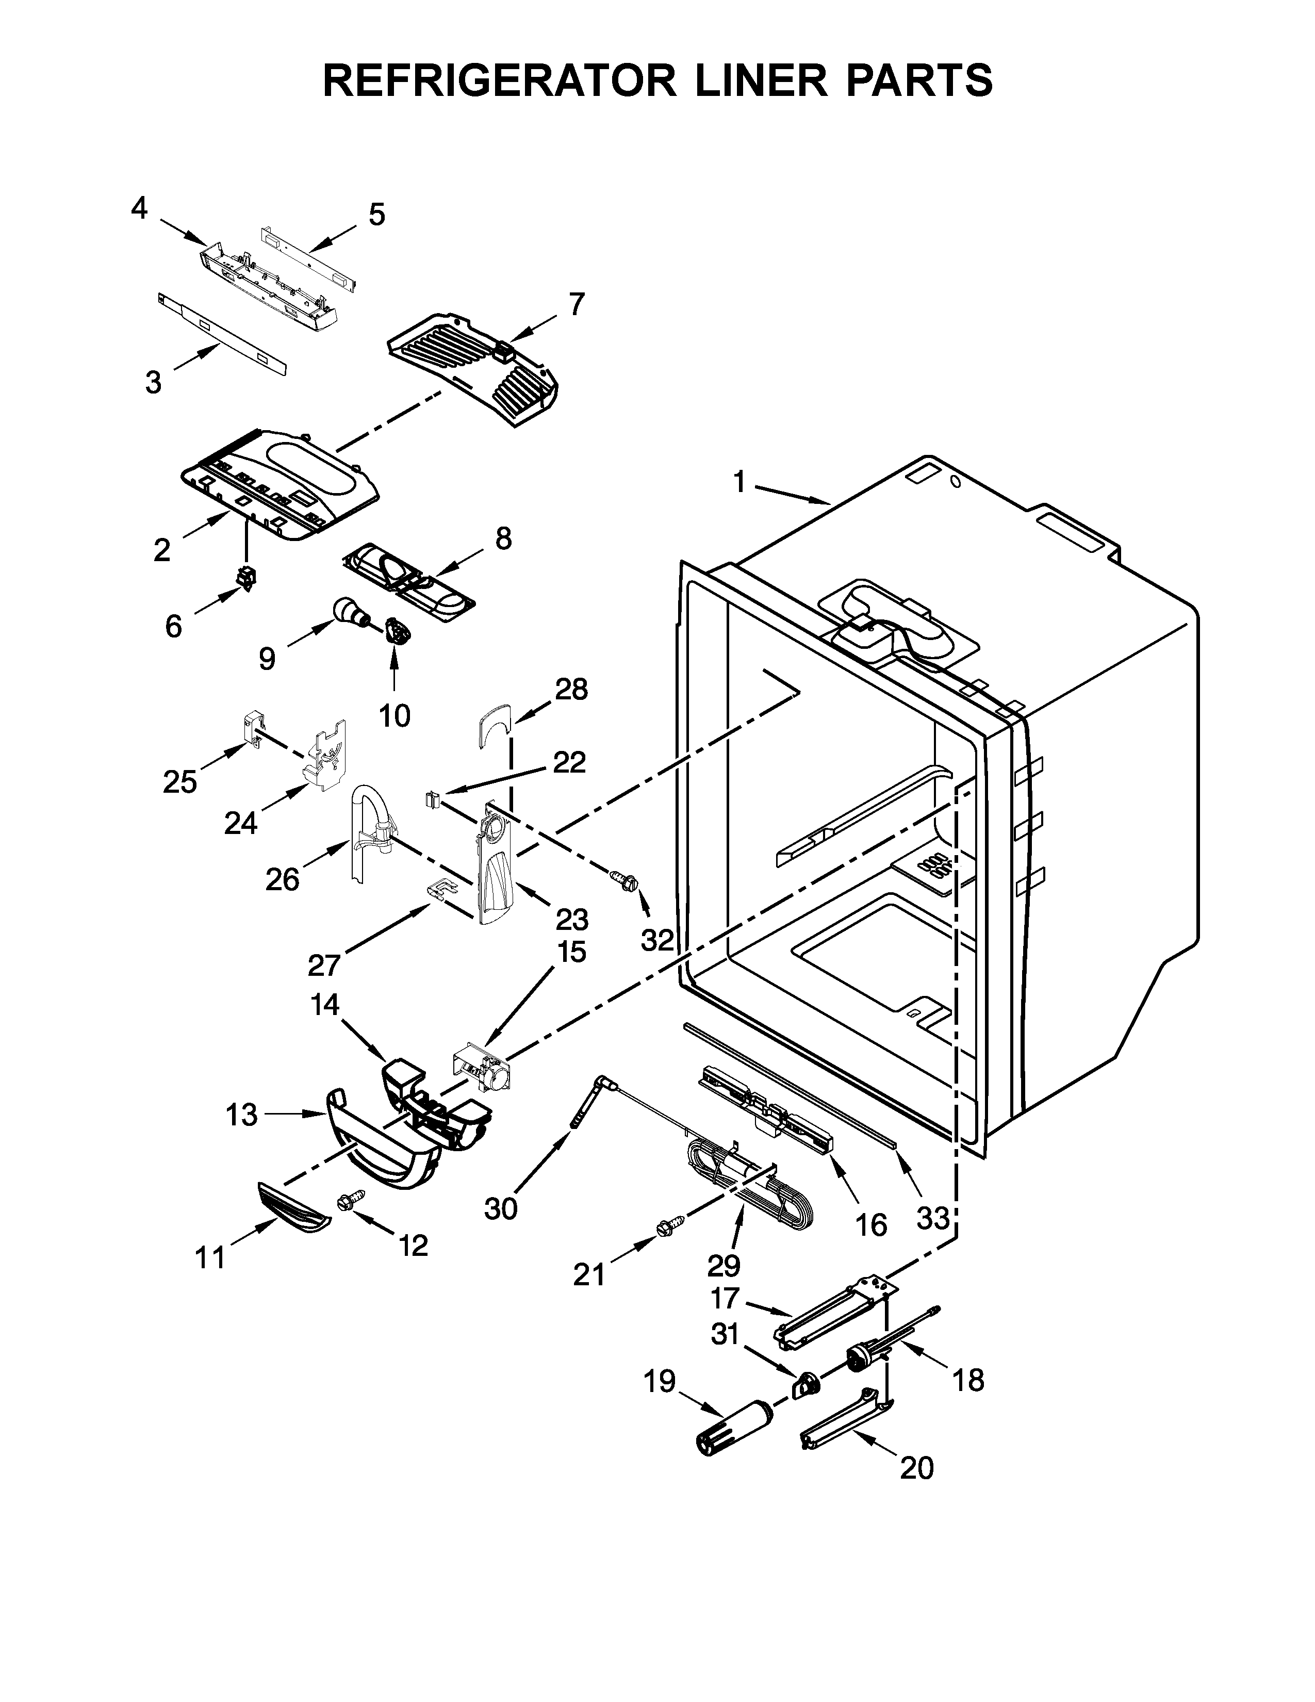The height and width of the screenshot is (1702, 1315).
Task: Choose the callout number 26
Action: [x=282, y=880]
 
